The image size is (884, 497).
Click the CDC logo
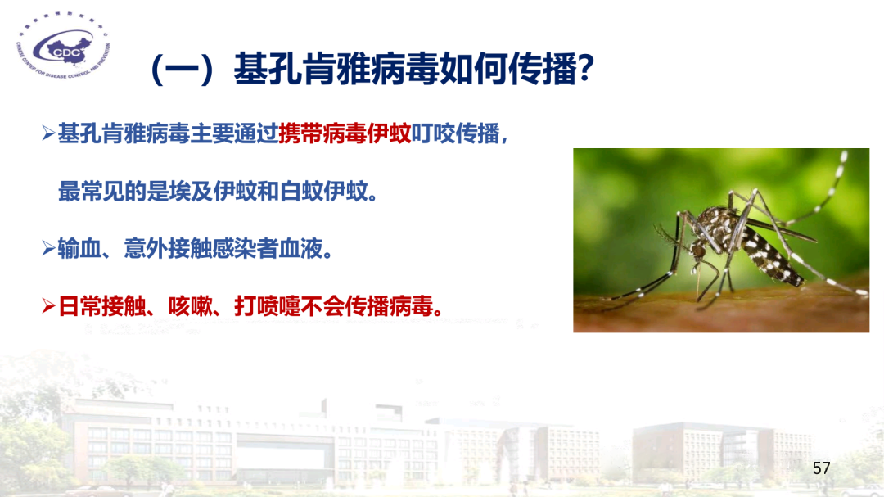pos(62,52)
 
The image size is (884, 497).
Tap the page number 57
pos(821,468)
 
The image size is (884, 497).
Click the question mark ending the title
pos(584,70)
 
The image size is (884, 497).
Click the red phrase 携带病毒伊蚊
pos(344,134)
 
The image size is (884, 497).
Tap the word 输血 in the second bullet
pos(79,249)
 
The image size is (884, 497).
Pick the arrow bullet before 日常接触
pos(48,307)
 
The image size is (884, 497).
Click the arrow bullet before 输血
pos(48,250)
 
